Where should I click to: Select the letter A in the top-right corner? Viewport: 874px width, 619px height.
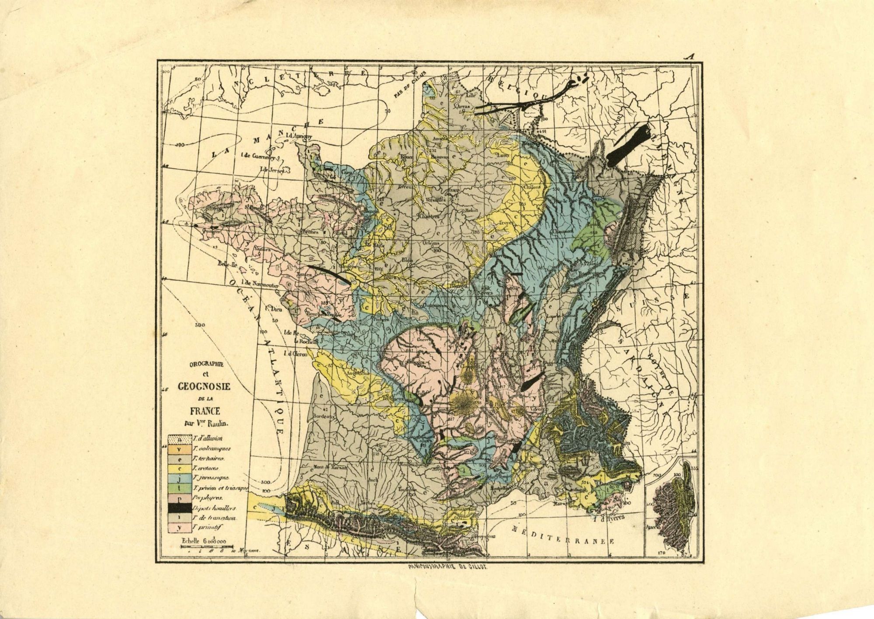click(x=690, y=56)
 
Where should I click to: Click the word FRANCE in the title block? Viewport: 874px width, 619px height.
click(x=205, y=410)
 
